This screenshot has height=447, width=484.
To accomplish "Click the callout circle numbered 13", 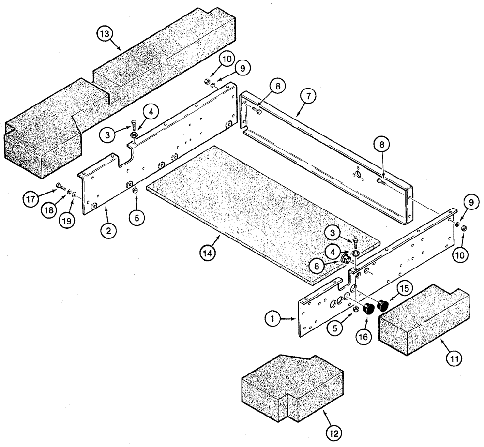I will [x=104, y=35].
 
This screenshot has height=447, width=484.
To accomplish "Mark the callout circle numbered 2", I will [x=108, y=230].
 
